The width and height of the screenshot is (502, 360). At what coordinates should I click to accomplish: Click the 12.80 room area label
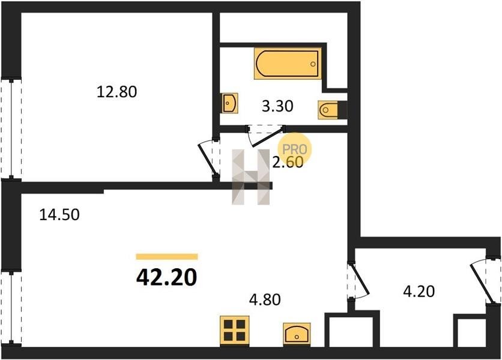click(117, 92)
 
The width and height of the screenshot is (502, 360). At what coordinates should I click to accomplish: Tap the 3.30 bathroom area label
click(277, 106)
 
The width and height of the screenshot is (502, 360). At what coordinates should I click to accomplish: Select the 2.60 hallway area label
click(288, 162)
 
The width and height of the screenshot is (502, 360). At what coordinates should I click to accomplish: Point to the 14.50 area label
click(59, 214)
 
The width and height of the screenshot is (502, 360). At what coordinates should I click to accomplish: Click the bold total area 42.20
click(166, 277)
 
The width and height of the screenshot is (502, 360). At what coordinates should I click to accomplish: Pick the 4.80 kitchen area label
click(265, 299)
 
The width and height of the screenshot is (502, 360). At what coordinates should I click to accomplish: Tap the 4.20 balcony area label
click(419, 291)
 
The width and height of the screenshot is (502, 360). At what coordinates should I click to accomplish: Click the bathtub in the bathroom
click(288, 64)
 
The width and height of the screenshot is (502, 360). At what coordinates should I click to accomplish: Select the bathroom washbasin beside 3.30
click(229, 103)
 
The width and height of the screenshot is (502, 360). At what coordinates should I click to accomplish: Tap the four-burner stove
click(235, 331)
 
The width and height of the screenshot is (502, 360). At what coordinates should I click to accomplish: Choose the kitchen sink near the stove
click(297, 334)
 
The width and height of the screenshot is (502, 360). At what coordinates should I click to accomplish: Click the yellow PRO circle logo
click(295, 149)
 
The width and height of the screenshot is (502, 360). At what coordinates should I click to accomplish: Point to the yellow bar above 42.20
click(167, 257)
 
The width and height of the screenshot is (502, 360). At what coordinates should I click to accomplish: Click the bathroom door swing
click(265, 136)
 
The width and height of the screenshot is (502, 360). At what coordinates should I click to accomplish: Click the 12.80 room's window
click(11, 129)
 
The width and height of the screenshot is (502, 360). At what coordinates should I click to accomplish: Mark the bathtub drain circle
click(313, 64)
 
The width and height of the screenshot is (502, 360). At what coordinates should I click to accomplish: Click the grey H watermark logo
click(250, 176)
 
